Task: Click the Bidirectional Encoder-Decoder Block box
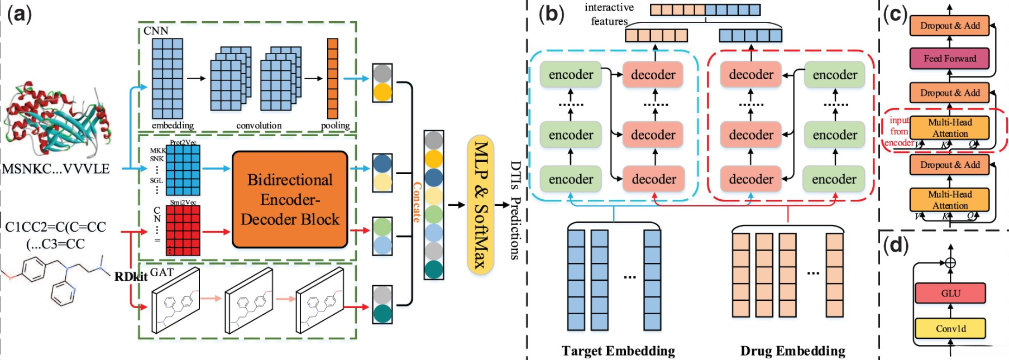290,199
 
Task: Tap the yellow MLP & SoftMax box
480,204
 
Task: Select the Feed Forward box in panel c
949,58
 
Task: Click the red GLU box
950,293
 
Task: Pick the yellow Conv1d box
950,328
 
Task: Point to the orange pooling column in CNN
333,78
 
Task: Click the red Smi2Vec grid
183,231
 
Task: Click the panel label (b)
551,13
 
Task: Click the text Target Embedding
618,351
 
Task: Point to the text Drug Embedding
792,351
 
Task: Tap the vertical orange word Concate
417,202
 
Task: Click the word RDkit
131,276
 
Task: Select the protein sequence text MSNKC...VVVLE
56,169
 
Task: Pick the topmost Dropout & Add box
949,25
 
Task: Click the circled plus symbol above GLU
950,262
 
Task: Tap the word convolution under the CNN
259,126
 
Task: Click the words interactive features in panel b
609,15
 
